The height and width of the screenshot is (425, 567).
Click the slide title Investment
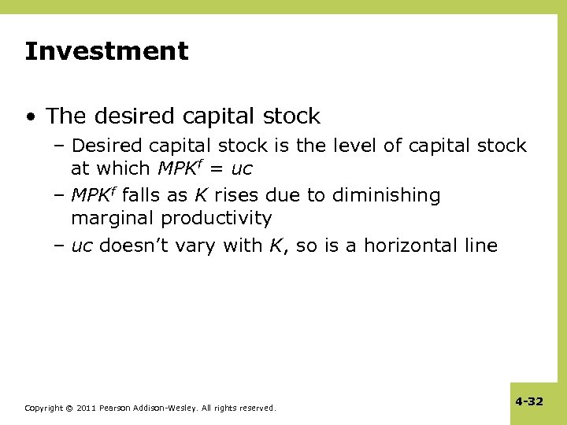coord(106,52)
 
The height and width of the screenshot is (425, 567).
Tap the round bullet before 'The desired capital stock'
coord(30,117)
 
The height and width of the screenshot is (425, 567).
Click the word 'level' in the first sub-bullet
coord(358,146)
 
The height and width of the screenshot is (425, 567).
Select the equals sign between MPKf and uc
coord(217,168)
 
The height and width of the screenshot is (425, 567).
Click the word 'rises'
coord(236,195)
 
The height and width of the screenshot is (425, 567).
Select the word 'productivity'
coord(217,218)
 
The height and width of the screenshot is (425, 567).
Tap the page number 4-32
coord(529,401)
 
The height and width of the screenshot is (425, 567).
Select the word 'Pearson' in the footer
coord(118,408)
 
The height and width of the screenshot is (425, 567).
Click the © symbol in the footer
coord(69,408)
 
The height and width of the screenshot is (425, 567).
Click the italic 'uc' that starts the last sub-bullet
coord(82,246)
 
